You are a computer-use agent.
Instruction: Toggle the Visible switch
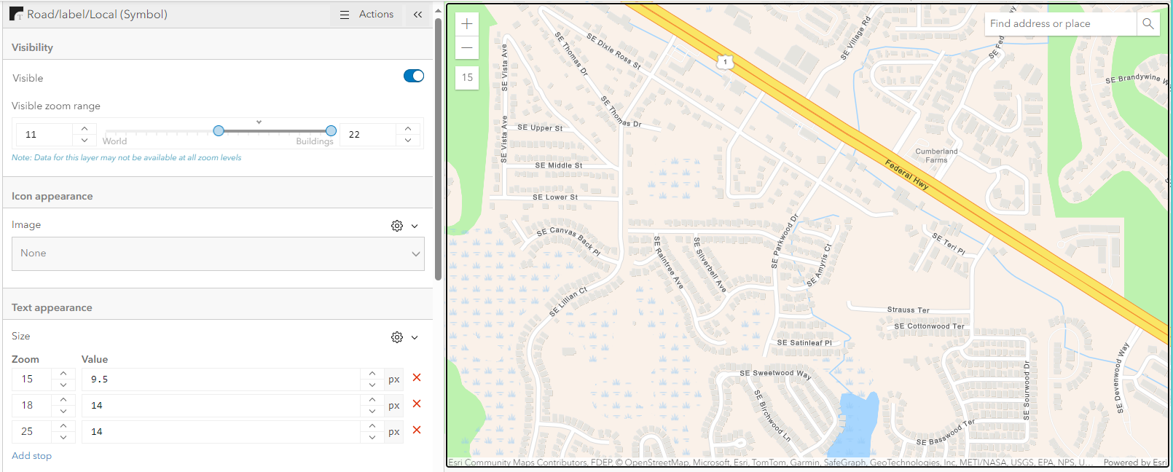414,76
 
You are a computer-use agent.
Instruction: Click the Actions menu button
367,15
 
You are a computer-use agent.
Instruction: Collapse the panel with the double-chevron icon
417,15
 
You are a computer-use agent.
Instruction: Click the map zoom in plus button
467,24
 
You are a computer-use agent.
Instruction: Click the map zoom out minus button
467,48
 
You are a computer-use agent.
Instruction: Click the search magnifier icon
1147,24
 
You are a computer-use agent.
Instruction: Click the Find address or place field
1060,24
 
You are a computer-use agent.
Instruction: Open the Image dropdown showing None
218,253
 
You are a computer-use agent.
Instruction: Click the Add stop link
31,456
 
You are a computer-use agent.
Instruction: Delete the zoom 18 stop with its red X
417,404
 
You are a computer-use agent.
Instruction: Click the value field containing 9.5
219,379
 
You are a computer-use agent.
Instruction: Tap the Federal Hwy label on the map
907,174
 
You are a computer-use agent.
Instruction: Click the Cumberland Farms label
936,156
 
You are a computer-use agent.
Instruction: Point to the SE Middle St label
559,165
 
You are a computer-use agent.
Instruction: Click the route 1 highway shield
725,62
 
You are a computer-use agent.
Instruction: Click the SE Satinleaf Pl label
804,342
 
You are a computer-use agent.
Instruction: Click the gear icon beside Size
397,337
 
